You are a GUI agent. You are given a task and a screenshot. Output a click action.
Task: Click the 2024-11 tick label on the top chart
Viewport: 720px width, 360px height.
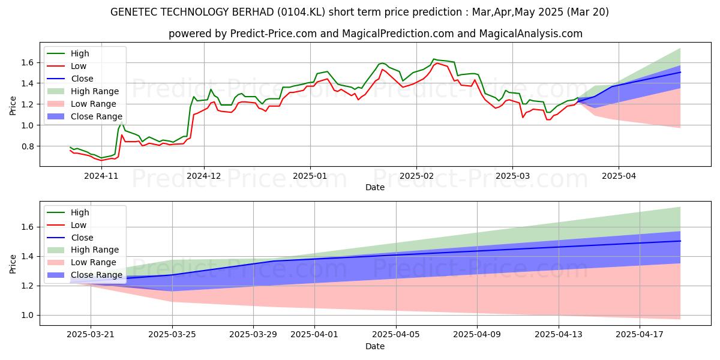(101, 176)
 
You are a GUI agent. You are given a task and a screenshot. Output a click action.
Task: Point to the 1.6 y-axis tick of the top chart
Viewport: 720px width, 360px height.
(27, 62)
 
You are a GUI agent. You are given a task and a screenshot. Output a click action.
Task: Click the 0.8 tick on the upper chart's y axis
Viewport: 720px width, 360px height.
(27, 146)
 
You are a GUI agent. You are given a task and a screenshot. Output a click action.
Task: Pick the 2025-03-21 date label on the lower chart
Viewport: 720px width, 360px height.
(91, 335)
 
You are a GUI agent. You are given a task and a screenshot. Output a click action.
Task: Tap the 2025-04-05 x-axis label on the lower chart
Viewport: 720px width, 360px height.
(396, 335)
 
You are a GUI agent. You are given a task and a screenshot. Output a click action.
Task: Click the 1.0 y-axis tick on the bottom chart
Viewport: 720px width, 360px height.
(27, 315)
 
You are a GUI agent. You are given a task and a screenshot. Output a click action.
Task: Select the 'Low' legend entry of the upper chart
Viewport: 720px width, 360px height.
(79, 66)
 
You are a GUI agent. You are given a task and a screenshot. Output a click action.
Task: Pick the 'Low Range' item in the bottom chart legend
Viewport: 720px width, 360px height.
(95, 262)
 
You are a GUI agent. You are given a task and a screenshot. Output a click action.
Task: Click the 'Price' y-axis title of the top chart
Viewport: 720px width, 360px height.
(13, 105)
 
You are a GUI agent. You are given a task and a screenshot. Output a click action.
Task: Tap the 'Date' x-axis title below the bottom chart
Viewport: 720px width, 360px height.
(375, 346)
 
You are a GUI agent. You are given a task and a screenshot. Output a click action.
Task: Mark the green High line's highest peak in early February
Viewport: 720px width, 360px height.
(434, 59)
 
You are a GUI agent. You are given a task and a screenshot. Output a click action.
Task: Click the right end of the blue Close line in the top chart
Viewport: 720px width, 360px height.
(680, 72)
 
